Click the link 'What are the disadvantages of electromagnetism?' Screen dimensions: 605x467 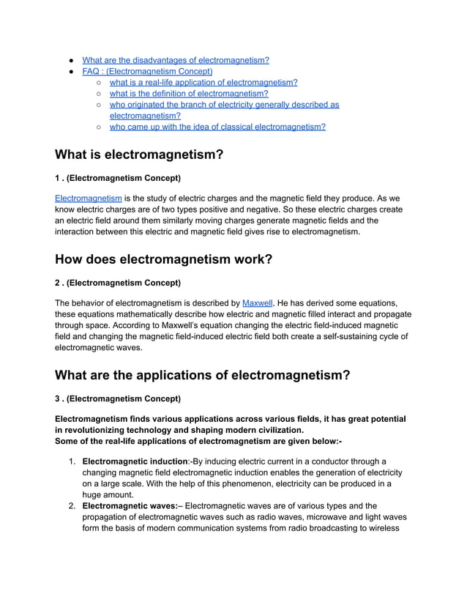coord(176,60)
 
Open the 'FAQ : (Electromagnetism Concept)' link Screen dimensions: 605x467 coord(147,72)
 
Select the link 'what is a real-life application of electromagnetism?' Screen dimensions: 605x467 coord(203,83)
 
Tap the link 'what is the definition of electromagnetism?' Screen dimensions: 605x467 coord(189,94)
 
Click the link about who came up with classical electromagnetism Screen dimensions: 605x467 coord(217,127)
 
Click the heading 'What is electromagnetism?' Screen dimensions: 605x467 coord(139,155)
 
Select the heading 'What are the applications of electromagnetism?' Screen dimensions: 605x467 coord(203,375)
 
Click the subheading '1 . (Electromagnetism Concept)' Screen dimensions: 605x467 coord(118,178)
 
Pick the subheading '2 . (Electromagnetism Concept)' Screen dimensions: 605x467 coord(118,283)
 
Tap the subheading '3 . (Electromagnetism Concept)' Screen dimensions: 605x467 coord(118,398)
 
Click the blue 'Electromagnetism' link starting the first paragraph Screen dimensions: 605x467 coord(89,198)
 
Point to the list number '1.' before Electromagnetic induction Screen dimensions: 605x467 coord(72,461)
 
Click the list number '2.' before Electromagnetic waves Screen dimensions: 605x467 coord(72,505)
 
